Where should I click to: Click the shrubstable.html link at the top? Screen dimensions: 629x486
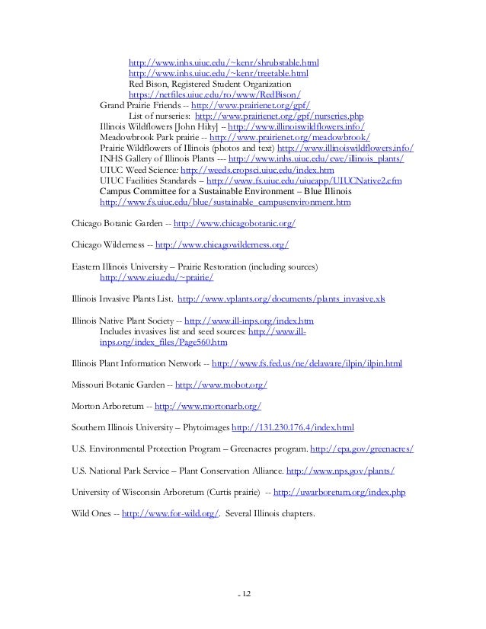(x=224, y=62)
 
